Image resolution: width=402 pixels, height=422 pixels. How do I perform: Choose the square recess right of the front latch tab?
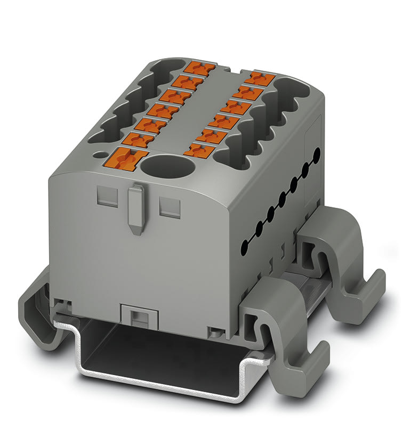click(x=170, y=205)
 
